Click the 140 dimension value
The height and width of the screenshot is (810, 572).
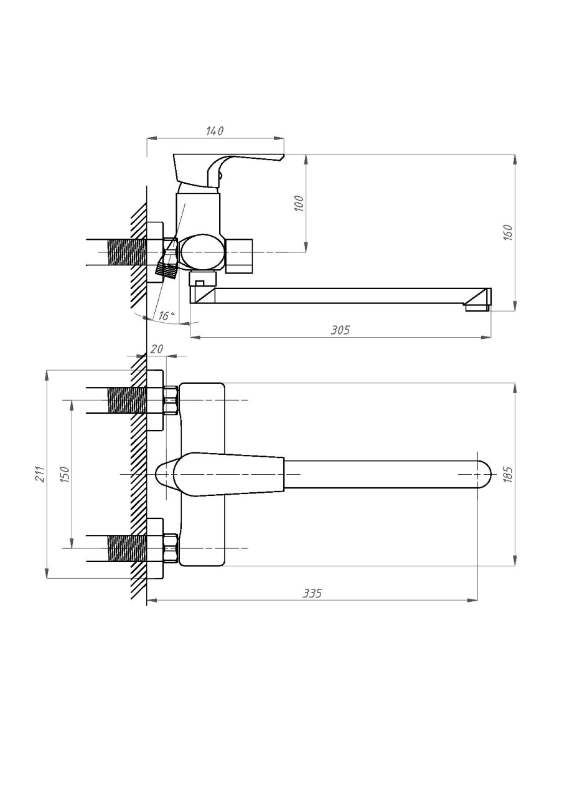pyautogui.click(x=215, y=131)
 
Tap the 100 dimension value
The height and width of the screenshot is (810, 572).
pyautogui.click(x=300, y=203)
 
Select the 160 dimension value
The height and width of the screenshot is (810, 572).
pyautogui.click(x=508, y=233)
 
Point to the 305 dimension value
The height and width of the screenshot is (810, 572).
pyautogui.click(x=340, y=330)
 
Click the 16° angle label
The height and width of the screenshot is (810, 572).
pyautogui.click(x=166, y=316)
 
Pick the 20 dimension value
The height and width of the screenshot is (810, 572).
pyautogui.click(x=157, y=349)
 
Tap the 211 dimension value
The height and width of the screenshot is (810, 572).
pyautogui.click(x=40, y=474)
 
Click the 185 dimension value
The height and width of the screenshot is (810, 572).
pyautogui.click(x=508, y=474)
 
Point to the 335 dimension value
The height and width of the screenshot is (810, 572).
pyautogui.click(x=312, y=593)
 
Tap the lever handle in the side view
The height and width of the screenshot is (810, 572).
pyautogui.click(x=228, y=170)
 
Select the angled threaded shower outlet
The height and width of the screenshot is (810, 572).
pyautogui.click(x=166, y=270)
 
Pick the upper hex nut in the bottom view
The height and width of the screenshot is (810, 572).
pyautogui.click(x=171, y=400)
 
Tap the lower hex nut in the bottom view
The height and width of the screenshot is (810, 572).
pyautogui.click(x=171, y=548)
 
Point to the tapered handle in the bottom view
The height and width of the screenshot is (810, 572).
pyautogui.click(x=220, y=474)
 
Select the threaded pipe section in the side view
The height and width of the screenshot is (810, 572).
pyautogui.click(x=127, y=252)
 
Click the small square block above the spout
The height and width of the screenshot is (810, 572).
pyautogui.click(x=202, y=280)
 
